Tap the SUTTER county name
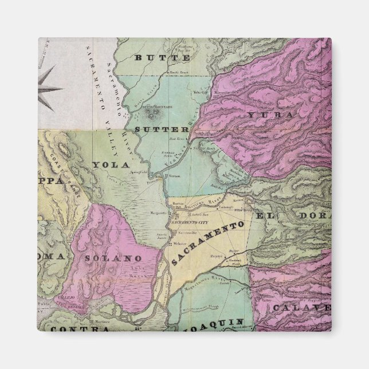click(162, 129)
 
